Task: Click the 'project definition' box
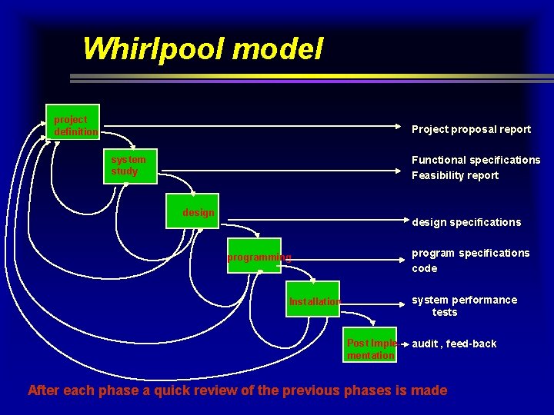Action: point(73,122)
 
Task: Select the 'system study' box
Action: point(130,166)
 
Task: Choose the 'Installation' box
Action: point(315,301)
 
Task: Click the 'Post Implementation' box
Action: point(372,349)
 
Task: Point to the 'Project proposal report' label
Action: point(471,129)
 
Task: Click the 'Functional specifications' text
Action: point(476,160)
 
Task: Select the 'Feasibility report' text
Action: point(455,175)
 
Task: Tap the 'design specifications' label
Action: point(466,222)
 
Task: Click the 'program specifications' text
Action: point(470,253)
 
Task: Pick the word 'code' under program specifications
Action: point(424,268)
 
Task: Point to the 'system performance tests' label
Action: point(464,306)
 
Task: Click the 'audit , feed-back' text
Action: point(454,344)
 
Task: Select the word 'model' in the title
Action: point(277,49)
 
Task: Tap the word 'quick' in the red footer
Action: point(178,390)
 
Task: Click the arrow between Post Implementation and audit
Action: point(404,344)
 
